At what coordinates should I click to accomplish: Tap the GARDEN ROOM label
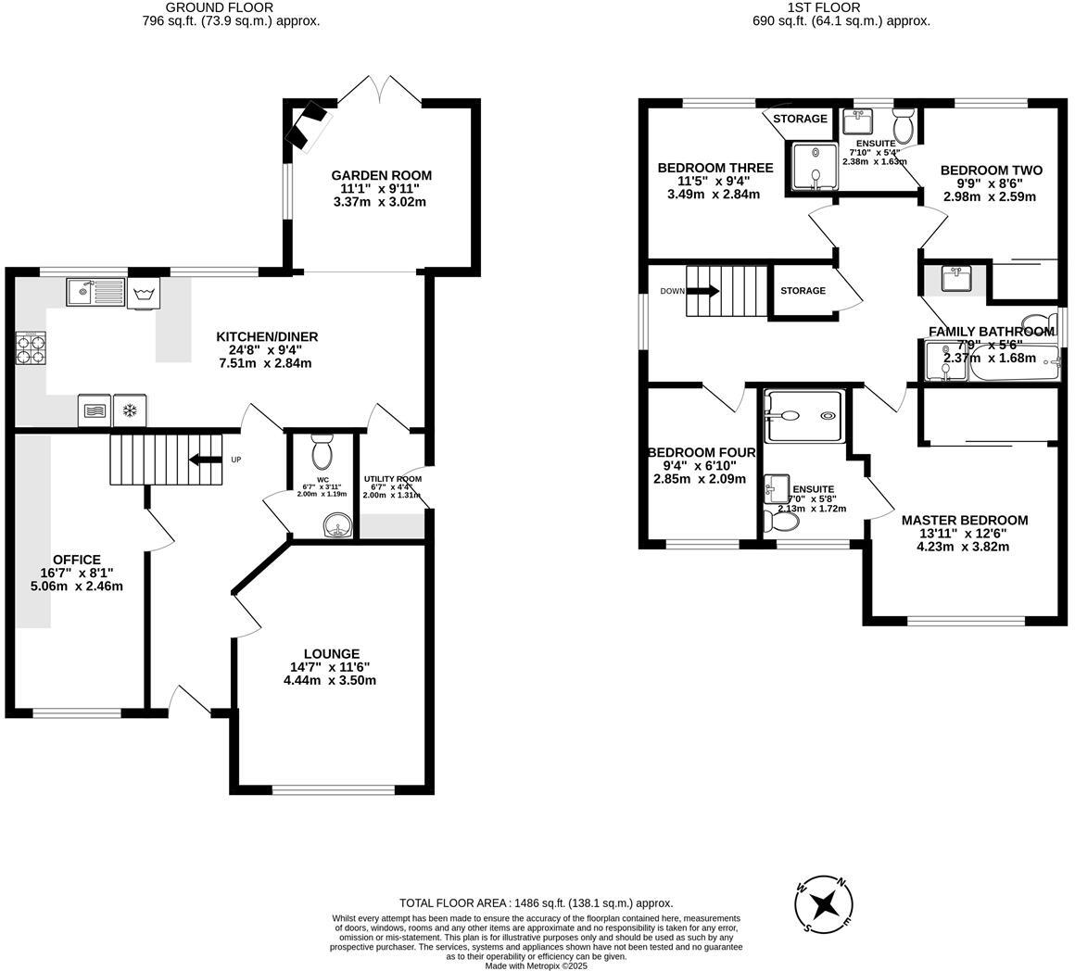(381, 175)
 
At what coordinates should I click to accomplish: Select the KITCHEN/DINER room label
(267, 336)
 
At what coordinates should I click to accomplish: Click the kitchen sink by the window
(95, 293)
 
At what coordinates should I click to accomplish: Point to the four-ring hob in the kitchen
(30, 349)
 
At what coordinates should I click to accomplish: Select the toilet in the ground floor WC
(322, 451)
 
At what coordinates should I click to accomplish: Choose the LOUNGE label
(331, 653)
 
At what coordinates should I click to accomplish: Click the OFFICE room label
(76, 560)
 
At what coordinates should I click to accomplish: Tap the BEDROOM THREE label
(715, 168)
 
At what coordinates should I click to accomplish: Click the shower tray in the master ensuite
(803, 416)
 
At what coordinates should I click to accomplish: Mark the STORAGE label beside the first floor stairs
(803, 291)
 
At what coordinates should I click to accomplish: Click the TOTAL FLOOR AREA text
(536, 902)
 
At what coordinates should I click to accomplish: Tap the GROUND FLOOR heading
(219, 7)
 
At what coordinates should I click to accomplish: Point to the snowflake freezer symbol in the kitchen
(131, 410)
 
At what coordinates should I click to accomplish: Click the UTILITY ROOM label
(392, 479)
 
